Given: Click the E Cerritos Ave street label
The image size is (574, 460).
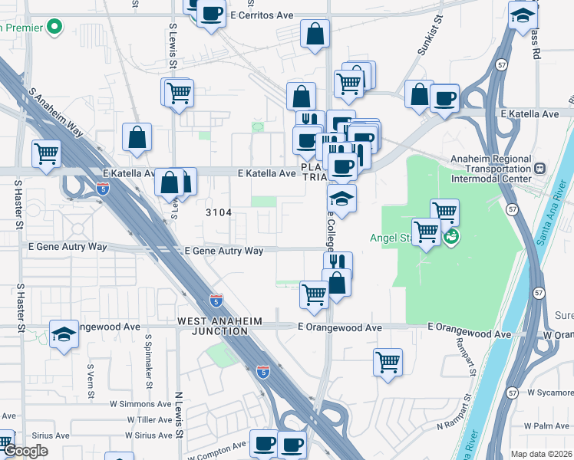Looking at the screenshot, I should pyautogui.click(x=261, y=15).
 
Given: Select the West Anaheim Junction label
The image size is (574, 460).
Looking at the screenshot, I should pyautogui.click(x=219, y=326).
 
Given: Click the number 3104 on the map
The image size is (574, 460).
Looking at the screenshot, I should pyautogui.click(x=218, y=212).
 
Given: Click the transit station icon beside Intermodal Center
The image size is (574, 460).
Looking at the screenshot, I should pyautogui.click(x=539, y=167).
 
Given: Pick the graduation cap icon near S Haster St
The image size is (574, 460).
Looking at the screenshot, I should pyautogui.click(x=64, y=334).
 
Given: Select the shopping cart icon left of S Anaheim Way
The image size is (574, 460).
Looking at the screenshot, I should pyautogui.click(x=46, y=153).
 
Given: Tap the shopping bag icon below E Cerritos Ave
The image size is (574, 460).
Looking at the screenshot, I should pyautogui.click(x=315, y=34).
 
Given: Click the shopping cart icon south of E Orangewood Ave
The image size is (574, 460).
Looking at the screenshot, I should pyautogui.click(x=388, y=362).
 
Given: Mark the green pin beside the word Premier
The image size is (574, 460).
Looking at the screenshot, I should pyautogui.click(x=54, y=28).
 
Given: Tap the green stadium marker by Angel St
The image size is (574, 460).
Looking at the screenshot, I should pyautogui.click(x=452, y=235).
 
